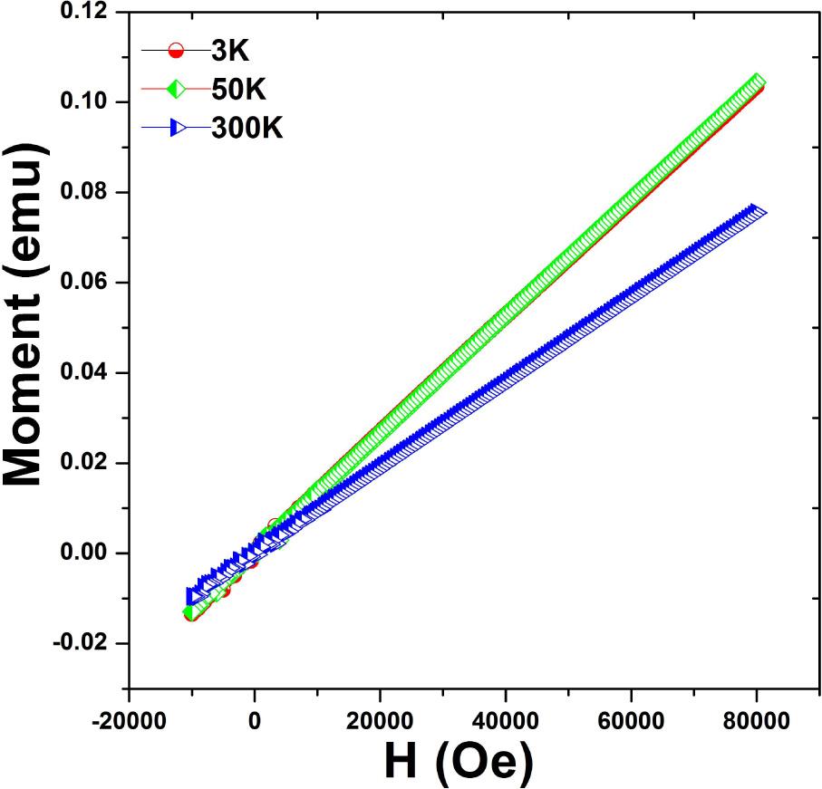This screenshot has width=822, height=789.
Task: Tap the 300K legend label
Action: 247,130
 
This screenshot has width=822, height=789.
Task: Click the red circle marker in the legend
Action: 177,52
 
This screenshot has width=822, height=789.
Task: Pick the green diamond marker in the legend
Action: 177,91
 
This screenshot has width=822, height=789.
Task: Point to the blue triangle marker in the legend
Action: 177,130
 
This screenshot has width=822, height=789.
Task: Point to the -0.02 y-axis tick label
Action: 85,643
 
